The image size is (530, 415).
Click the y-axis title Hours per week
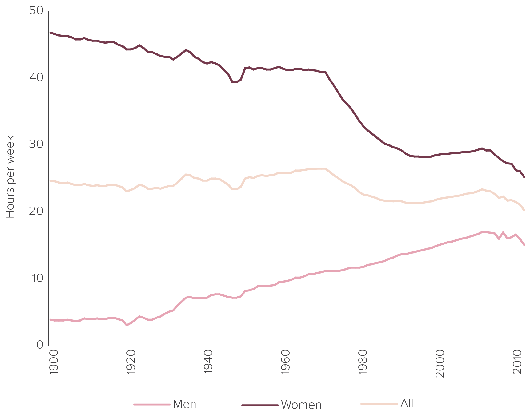click(x=10, y=177)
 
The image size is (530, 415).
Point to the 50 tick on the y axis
click(x=36, y=11)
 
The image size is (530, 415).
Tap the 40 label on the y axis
click(x=36, y=77)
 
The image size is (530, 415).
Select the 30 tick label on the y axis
click(x=36, y=144)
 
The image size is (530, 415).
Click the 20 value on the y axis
click(x=36, y=211)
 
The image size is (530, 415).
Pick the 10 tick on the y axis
click(x=36, y=278)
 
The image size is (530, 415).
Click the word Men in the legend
click(x=185, y=404)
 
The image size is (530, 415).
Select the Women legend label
click(x=301, y=405)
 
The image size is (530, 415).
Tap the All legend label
click(x=407, y=403)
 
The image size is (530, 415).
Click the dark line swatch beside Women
click(x=260, y=405)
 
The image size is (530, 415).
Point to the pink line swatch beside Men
click(x=152, y=405)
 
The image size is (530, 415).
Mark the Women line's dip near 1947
click(x=234, y=82)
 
